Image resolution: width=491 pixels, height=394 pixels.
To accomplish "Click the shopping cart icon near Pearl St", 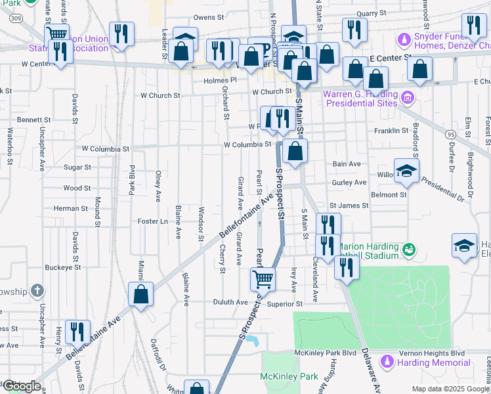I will [263, 280].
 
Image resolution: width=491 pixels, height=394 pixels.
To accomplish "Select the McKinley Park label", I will [289, 376].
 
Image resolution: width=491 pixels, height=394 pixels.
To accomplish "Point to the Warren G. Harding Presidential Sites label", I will [361, 98].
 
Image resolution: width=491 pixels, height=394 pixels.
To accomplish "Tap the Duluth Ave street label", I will [230, 302].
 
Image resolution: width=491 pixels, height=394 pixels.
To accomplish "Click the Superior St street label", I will [284, 304].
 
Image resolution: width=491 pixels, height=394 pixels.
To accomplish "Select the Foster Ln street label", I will [153, 221].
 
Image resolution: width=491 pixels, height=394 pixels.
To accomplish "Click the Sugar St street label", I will [77, 167].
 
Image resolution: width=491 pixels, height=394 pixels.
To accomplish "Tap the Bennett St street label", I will [33, 120].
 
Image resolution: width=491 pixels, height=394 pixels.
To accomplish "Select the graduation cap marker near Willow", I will [406, 171].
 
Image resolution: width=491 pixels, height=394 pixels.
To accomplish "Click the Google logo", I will [21, 386].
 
